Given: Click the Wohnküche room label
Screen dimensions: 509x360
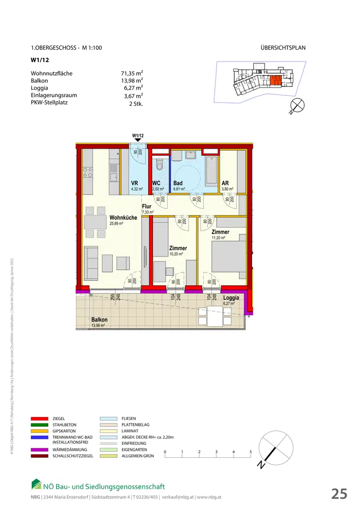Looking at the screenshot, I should pos(123,218).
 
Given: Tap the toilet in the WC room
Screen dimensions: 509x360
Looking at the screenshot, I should pos(160,164).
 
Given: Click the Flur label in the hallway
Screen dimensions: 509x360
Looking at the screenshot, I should pos(146,206).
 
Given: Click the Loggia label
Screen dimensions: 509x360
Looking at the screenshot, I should pos(231,298).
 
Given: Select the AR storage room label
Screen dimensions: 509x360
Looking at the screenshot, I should pos(225,183).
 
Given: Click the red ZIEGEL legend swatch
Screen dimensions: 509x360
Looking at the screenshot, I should pos(40,419).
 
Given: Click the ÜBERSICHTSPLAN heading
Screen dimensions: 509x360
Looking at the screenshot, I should pos(282,48).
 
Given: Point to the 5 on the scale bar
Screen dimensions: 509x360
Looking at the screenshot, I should pos(251,451).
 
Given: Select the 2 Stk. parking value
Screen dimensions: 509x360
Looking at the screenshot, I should pos(136,104).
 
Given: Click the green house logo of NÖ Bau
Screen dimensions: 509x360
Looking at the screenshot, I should pos(36,484).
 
